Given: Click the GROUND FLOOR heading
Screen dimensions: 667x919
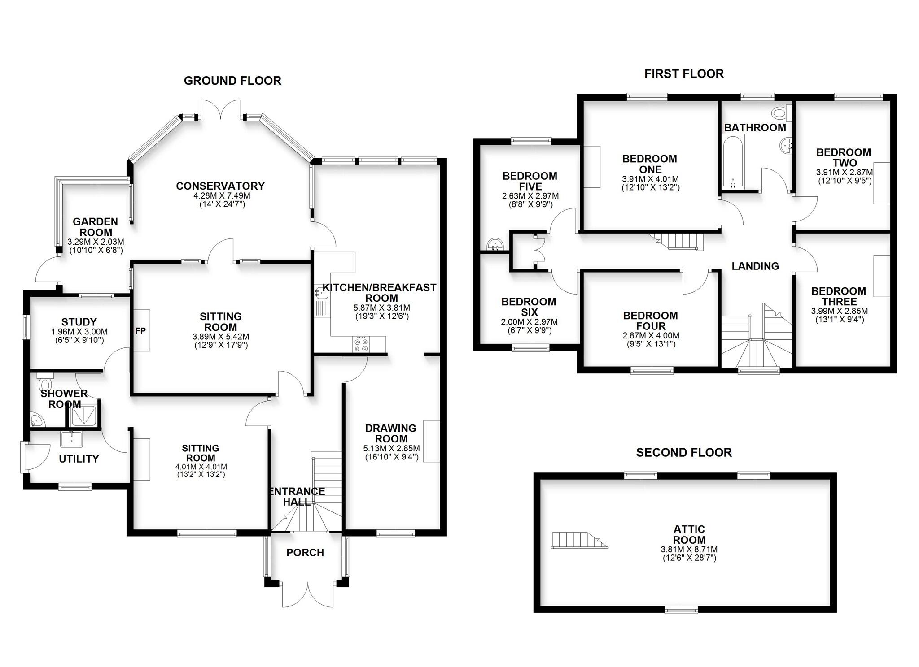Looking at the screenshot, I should [232, 81].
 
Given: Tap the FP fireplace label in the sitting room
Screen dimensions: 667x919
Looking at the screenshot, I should [140, 331].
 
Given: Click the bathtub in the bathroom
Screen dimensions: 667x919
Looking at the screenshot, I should [733, 163].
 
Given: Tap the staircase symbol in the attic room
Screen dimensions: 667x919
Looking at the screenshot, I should [579, 540].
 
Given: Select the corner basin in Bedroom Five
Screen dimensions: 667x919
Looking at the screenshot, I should [495, 244].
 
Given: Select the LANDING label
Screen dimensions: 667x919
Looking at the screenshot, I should [755, 266].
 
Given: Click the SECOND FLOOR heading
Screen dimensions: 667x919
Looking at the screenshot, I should [683, 453].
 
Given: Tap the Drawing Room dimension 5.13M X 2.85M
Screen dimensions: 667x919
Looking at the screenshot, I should [391, 448].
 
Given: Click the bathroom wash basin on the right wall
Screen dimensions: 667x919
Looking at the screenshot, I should [786, 145].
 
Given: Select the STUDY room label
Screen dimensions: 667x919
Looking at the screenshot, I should [79, 322].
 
